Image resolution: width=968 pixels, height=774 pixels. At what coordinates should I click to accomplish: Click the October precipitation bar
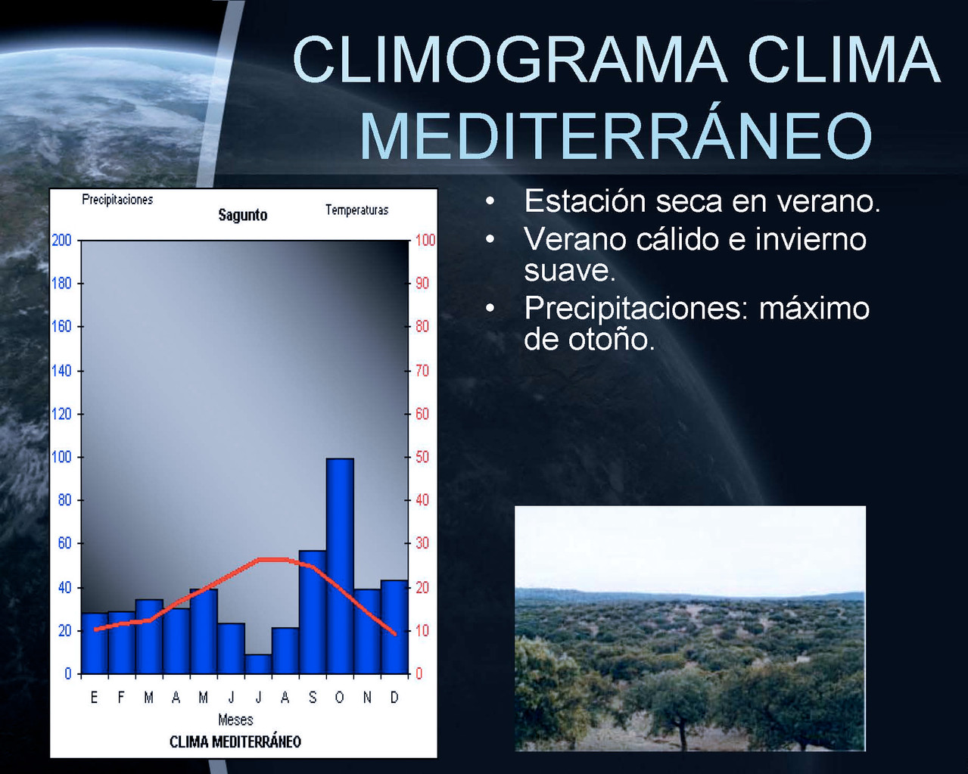tap(340, 566)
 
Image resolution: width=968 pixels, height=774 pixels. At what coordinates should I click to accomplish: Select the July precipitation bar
tap(259, 664)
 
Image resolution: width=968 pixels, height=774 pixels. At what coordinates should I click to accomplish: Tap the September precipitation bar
tap(313, 612)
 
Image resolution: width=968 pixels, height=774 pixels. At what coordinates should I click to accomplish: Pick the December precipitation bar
tap(394, 627)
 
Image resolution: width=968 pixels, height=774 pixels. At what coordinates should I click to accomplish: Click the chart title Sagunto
tap(243, 215)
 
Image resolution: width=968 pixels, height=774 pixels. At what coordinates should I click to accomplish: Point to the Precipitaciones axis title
tap(117, 200)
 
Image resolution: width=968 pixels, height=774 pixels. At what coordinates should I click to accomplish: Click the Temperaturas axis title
tap(356, 210)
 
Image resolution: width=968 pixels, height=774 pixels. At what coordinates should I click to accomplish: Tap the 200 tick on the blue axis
tap(61, 241)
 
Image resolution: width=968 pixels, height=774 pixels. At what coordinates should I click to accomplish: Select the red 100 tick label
tap(425, 240)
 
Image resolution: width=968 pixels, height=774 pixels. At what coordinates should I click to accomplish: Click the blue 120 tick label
tap(61, 414)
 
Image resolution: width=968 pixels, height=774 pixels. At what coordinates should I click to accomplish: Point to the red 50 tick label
tap(422, 457)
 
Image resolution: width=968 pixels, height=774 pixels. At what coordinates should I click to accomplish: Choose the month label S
tap(313, 698)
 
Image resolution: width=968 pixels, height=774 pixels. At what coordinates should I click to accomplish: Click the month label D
tap(394, 698)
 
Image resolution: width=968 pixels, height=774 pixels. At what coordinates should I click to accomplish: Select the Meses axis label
tap(235, 720)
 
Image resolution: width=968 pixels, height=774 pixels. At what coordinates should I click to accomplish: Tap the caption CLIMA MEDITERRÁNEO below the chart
tap(235, 742)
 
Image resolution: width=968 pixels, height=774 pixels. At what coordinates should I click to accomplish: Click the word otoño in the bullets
tap(612, 340)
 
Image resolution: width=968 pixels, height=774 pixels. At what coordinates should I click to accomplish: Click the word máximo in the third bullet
tap(814, 308)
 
